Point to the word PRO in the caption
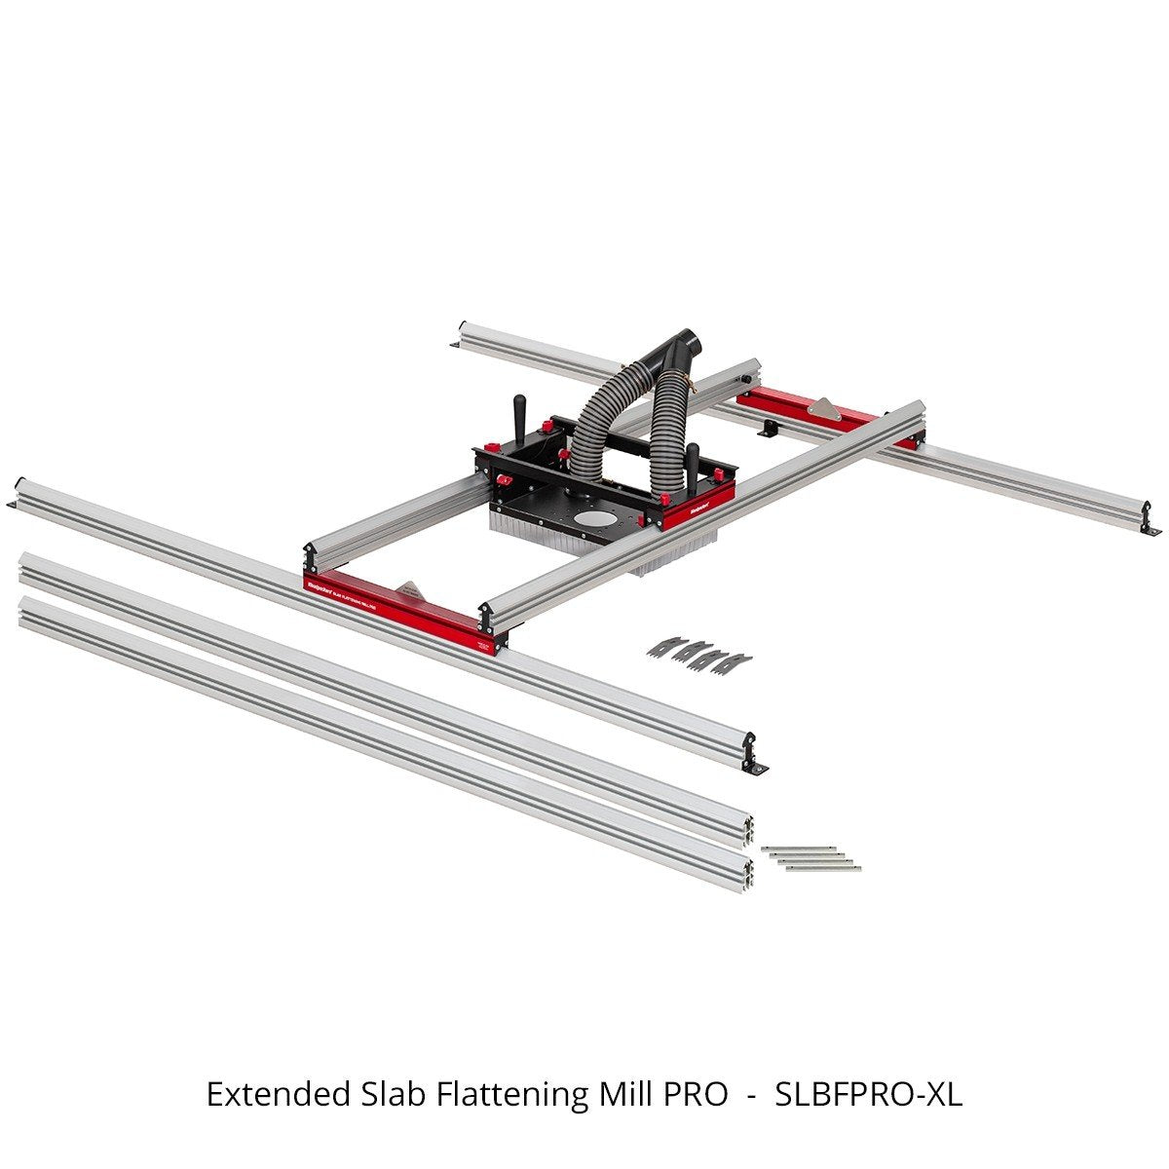(695, 1095)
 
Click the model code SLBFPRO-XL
(868, 1095)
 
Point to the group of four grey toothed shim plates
(698, 649)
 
